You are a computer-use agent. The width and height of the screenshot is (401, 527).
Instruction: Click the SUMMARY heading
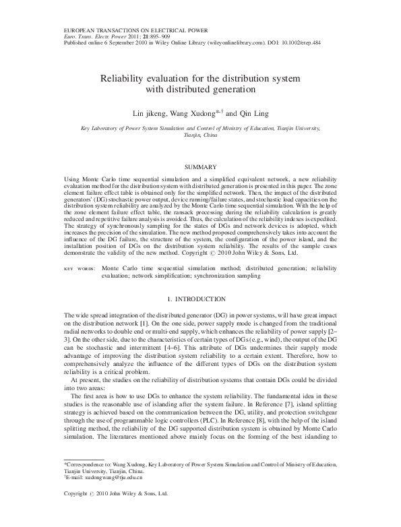(x=199, y=166)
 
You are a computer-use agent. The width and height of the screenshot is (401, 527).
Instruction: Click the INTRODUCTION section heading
(x=199, y=299)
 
